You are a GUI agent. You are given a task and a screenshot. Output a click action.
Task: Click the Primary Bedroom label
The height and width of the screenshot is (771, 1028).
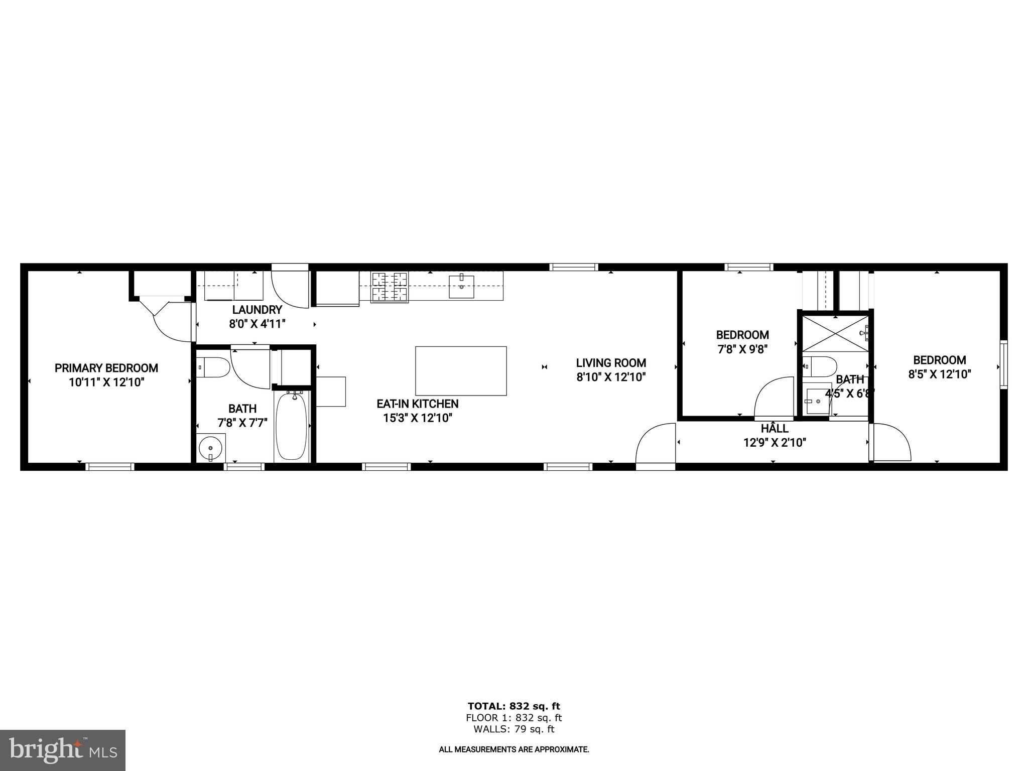(106, 368)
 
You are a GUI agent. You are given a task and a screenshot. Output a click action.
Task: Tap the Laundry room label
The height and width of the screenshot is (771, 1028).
(257, 310)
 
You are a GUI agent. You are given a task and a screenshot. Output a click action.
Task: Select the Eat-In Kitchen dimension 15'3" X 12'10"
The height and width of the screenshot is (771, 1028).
(418, 418)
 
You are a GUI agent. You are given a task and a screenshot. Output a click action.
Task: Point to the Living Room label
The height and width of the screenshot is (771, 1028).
(611, 363)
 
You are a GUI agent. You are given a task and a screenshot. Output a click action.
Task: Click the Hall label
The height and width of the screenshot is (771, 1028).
(775, 429)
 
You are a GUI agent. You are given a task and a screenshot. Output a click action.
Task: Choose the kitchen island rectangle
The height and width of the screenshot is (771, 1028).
(461, 371)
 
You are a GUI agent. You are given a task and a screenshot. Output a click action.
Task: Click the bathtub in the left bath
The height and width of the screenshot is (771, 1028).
(291, 426)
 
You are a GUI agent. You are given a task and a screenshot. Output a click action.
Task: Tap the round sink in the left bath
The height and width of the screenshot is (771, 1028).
(210, 447)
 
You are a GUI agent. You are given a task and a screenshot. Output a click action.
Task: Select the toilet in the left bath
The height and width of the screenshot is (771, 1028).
(213, 367)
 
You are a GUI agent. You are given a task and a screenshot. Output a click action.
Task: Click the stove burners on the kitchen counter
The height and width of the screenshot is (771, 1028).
(389, 287)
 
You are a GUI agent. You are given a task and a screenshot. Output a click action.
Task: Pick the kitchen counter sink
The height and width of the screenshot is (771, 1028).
(461, 287)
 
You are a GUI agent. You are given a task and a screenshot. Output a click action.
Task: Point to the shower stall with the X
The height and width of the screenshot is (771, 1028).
(834, 333)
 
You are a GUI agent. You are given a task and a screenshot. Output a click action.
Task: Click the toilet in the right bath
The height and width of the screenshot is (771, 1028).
(819, 366)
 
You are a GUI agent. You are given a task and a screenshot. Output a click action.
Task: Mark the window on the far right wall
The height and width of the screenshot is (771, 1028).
(1003, 364)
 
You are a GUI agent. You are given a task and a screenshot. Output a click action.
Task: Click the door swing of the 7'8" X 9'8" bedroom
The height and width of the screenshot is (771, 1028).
(773, 398)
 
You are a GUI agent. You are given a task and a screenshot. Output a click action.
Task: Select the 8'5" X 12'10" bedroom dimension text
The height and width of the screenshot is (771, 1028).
(940, 374)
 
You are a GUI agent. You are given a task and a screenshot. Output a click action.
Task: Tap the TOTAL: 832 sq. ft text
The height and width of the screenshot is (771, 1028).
(513, 706)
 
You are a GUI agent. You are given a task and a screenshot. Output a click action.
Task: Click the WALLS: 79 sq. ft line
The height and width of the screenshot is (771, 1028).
(513, 729)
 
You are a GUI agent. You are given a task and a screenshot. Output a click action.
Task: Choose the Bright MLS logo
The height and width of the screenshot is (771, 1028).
(63, 750)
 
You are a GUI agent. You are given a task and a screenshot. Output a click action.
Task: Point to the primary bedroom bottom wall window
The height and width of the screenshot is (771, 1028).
(110, 467)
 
